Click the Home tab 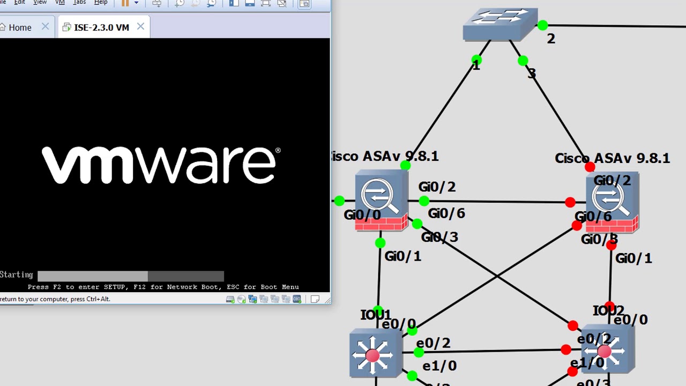click(20, 27)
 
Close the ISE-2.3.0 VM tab click(140, 26)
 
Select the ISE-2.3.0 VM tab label click(101, 27)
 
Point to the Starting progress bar click(130, 276)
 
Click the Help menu click(101, 3)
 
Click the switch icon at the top click(500, 25)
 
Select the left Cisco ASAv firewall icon click(381, 200)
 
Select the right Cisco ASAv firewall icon click(612, 203)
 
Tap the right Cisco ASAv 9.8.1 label click(612, 158)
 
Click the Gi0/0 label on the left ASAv click(362, 215)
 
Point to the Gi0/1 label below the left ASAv click(402, 256)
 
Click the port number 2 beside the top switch click(551, 39)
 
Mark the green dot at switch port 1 click(476, 60)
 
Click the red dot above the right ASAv click(590, 168)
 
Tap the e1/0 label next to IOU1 click(439, 366)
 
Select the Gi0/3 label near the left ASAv click(439, 237)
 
